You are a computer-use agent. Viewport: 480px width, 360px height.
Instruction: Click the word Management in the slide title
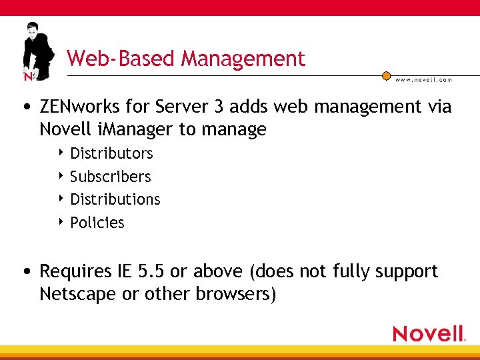tap(243, 59)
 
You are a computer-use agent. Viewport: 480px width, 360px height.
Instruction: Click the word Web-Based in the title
tap(122, 59)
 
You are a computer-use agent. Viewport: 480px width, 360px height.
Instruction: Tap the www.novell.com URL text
tap(423, 79)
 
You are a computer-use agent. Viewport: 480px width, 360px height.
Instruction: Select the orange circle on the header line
tap(385, 76)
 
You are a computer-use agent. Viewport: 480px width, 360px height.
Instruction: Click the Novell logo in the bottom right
tap(429, 333)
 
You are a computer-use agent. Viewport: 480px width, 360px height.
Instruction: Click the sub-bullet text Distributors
tap(111, 153)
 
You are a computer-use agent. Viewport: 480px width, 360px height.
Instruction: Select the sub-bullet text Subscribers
tap(111, 177)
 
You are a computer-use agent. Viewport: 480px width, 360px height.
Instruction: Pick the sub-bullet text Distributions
tap(115, 199)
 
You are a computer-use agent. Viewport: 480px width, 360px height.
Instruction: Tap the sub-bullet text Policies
tap(97, 223)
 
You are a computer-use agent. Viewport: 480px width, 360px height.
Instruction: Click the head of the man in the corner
tap(32, 31)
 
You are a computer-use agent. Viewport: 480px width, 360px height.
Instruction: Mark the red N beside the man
tap(28, 76)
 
